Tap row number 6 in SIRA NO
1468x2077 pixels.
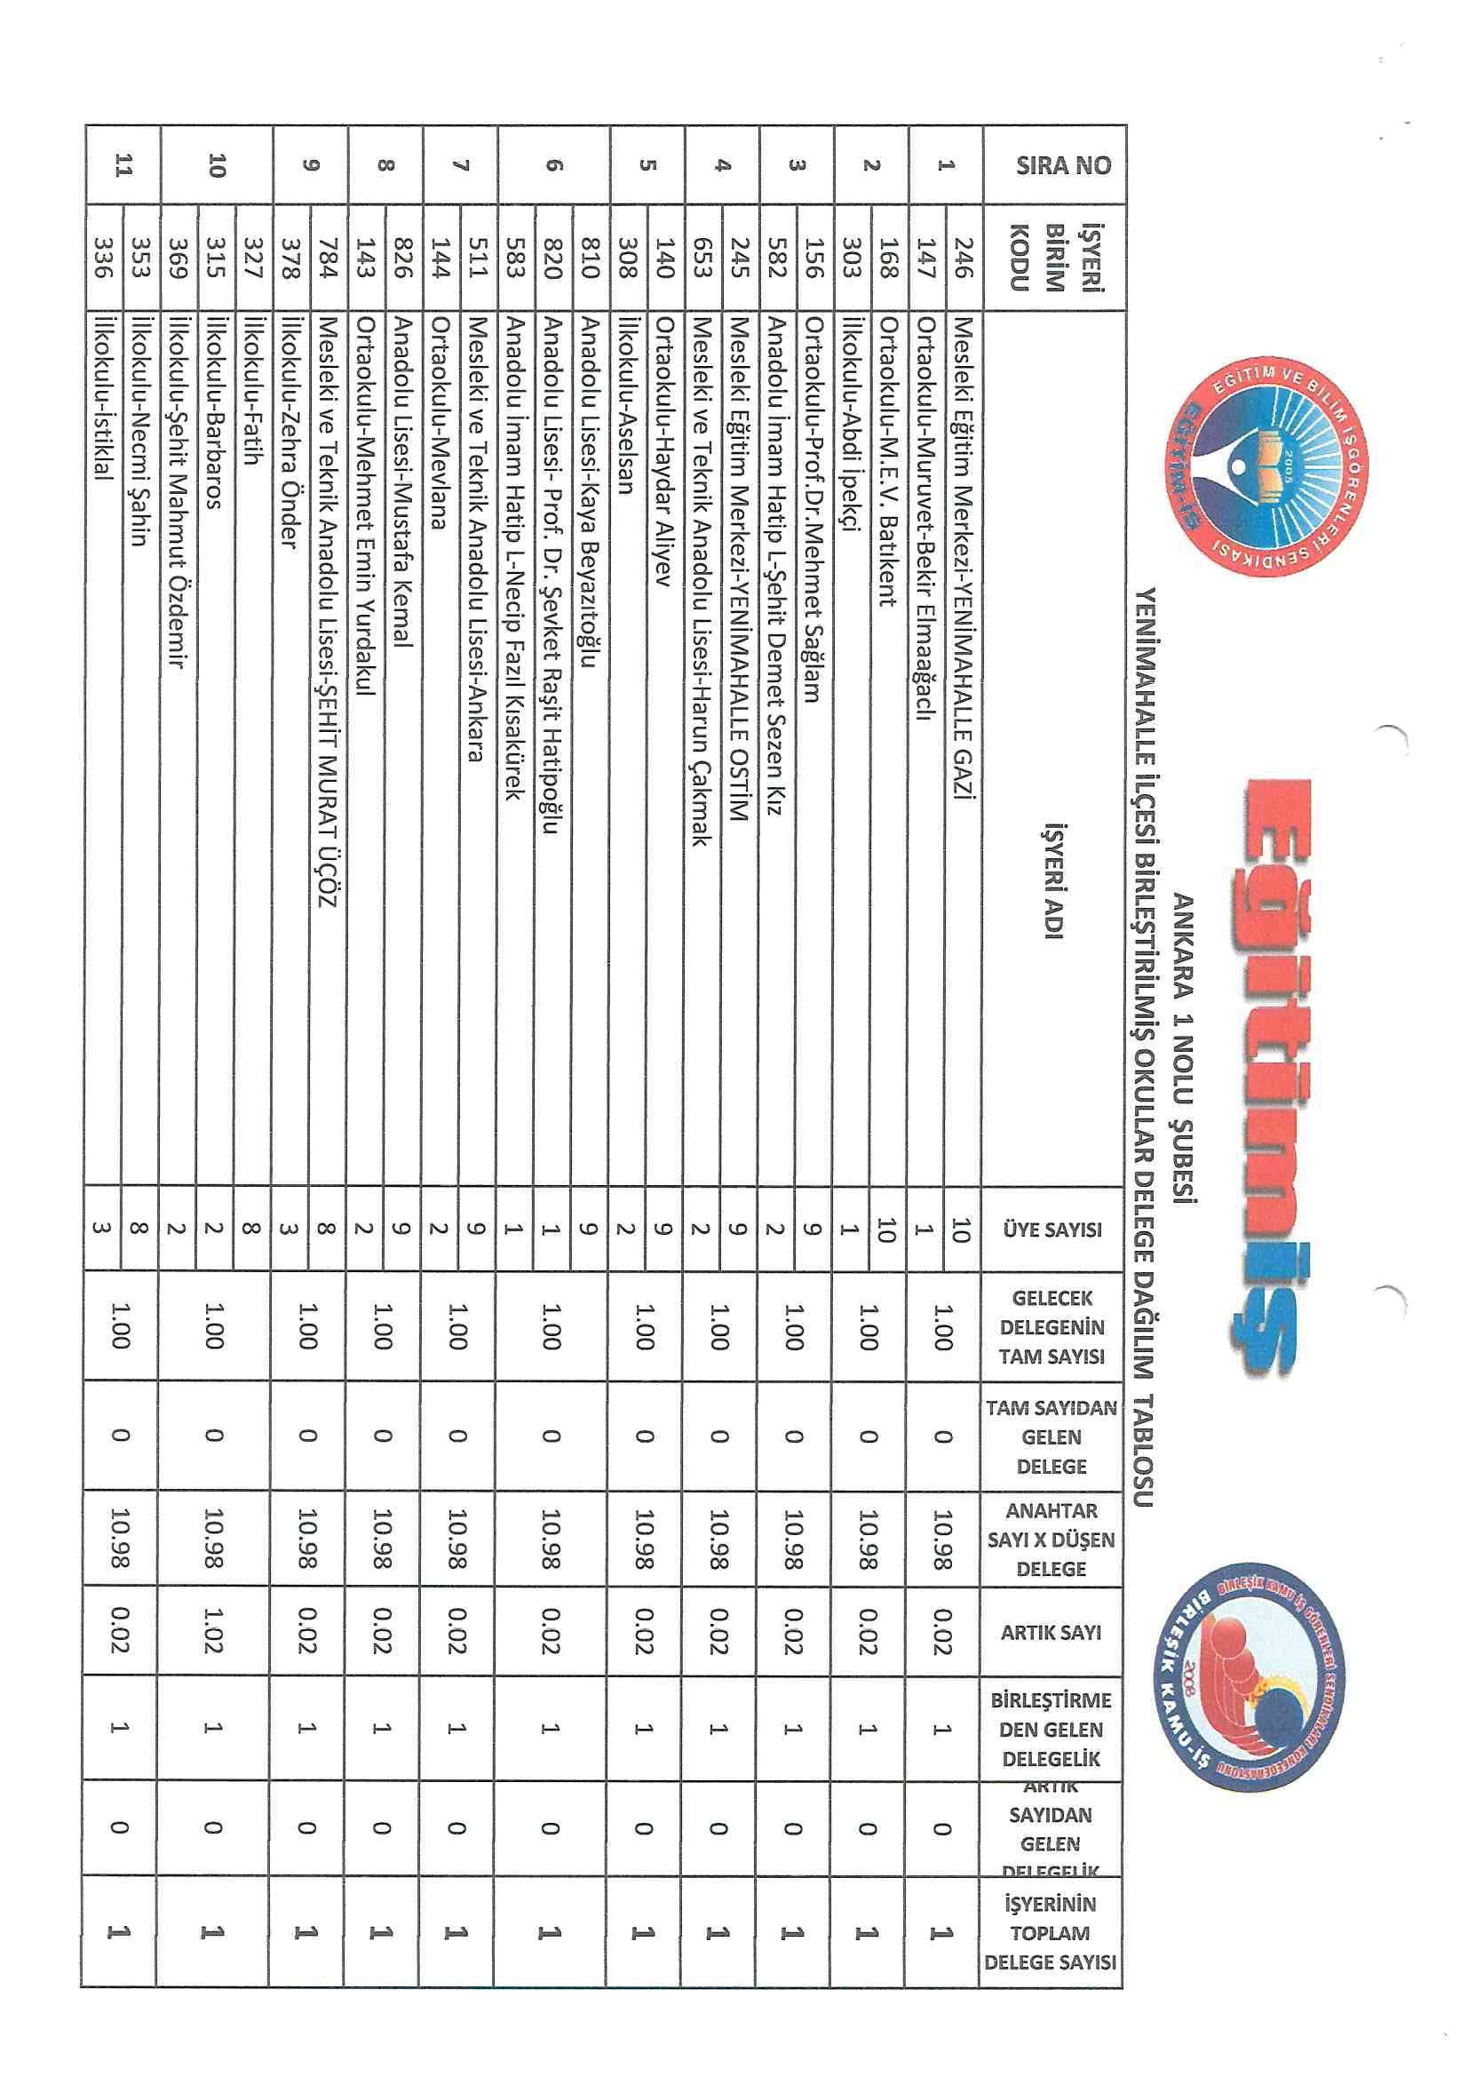(x=553, y=165)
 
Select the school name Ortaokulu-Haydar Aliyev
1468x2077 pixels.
(x=664, y=451)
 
